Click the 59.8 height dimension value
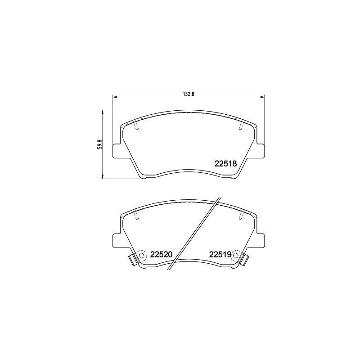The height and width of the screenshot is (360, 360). pyautogui.click(x=99, y=144)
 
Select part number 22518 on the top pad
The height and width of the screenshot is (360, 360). pyautogui.click(x=225, y=163)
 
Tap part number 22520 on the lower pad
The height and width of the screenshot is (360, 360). pyautogui.click(x=161, y=254)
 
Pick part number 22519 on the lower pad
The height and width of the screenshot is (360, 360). pyautogui.click(x=220, y=254)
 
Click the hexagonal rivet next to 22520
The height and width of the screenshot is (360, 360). pyautogui.click(x=141, y=255)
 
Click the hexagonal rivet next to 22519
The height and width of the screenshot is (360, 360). pyautogui.click(x=236, y=255)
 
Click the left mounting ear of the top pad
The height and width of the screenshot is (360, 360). pyautogui.click(x=117, y=151)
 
